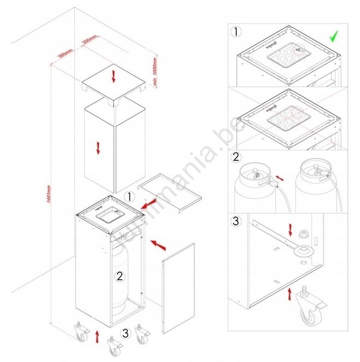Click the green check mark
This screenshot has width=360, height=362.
point(334,37)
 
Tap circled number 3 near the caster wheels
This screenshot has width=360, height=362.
point(126,332)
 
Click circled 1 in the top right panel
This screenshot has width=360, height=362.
point(236,32)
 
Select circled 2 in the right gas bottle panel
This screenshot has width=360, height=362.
point(236,157)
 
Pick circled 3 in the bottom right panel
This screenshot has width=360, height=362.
point(236,222)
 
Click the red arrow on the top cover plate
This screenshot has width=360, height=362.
point(114,77)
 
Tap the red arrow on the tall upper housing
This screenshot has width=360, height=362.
point(98,148)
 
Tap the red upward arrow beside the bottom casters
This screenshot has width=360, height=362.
point(97,336)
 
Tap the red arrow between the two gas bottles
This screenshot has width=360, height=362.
point(280,179)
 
